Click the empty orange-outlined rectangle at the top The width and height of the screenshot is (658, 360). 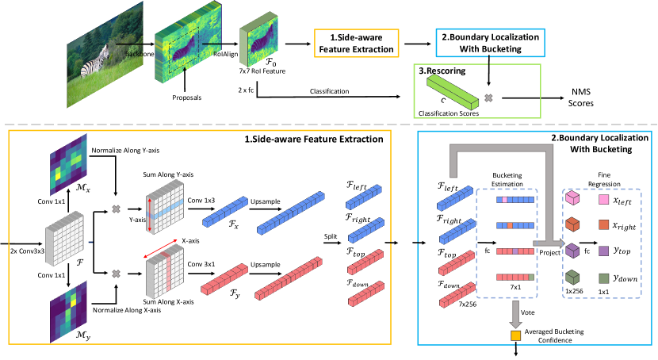click(356, 43)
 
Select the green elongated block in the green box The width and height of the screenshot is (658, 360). click(453, 91)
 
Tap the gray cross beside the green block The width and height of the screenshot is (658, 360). click(488, 98)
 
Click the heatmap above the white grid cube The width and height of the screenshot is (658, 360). click(68, 164)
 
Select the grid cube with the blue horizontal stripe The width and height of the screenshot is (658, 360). click(164, 207)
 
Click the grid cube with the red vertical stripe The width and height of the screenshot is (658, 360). click(164, 272)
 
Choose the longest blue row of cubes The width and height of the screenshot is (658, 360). click(291, 213)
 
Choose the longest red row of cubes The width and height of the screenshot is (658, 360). click(289, 278)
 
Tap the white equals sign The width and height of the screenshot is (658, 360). click(487, 242)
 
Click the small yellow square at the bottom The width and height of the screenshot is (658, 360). click(515, 335)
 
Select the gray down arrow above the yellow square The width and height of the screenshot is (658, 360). click(515, 313)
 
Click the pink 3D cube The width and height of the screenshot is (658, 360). click(572, 198)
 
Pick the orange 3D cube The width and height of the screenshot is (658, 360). click(572, 224)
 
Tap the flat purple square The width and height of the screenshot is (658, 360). click(604, 251)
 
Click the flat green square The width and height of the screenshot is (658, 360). click(604, 278)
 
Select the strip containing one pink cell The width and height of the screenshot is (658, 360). click(515, 200)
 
